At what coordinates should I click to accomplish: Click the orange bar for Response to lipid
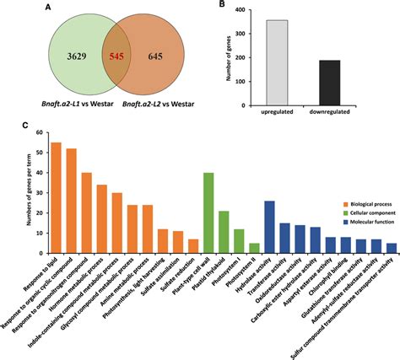pos(57,191)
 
